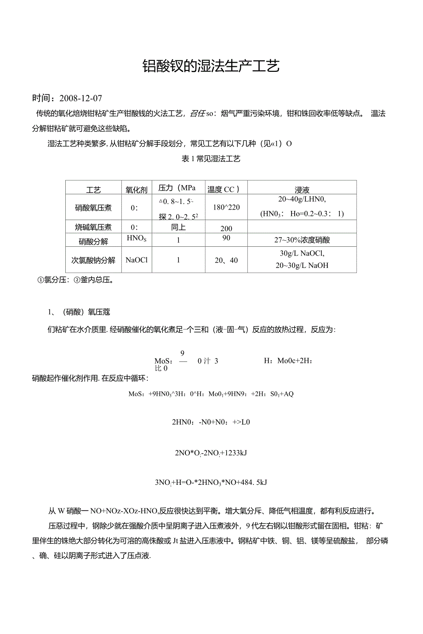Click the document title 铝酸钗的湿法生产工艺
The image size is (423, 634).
click(x=211, y=66)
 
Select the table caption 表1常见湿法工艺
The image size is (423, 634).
click(x=211, y=159)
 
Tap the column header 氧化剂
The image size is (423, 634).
click(x=137, y=189)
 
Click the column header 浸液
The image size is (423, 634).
click(x=302, y=189)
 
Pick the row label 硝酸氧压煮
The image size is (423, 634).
click(x=93, y=208)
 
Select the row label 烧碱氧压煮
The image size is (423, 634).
click(x=93, y=227)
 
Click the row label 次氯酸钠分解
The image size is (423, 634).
click(x=93, y=260)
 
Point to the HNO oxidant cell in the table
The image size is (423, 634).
click(x=137, y=238)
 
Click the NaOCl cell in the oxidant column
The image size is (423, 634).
click(x=137, y=260)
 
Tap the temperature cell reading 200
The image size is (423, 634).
click(x=226, y=228)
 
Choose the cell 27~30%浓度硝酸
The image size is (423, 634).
click(x=302, y=240)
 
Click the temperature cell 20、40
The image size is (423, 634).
click(x=226, y=261)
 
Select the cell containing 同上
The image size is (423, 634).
click(x=178, y=227)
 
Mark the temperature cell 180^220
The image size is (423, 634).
click(x=226, y=208)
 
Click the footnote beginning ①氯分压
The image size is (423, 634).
click(x=75, y=279)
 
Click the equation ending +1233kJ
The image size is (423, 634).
click(x=211, y=453)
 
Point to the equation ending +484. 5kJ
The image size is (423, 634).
click(x=211, y=483)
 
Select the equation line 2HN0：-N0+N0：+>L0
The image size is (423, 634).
click(x=211, y=422)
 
